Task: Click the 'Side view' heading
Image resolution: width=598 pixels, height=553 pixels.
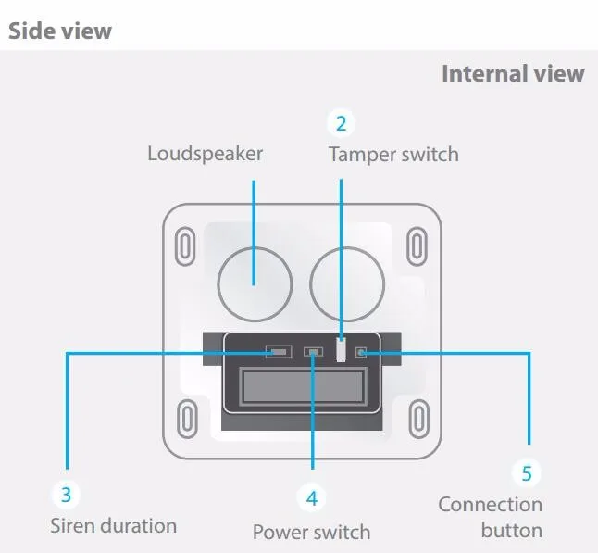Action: click(59, 31)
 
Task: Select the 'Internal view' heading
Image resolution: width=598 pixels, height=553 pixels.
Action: click(512, 73)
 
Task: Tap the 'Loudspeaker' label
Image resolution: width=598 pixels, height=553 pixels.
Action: click(205, 153)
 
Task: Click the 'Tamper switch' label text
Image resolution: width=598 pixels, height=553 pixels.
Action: click(392, 154)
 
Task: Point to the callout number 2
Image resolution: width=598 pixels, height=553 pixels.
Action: click(341, 122)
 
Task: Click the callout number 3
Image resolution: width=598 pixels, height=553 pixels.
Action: click(66, 494)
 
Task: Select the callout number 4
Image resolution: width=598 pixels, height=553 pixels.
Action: click(312, 497)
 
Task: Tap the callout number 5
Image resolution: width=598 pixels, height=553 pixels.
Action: click(527, 473)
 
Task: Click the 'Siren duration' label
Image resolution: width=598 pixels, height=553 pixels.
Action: click(113, 525)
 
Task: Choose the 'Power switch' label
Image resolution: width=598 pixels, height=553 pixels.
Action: click(311, 532)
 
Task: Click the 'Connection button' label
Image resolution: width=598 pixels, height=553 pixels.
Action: click(491, 517)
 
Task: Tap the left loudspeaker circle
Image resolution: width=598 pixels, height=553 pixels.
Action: click(255, 281)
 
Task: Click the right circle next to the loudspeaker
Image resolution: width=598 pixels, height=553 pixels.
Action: click(346, 281)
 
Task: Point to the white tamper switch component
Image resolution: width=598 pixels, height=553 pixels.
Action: click(342, 351)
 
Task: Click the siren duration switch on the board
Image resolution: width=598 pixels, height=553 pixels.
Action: click(278, 352)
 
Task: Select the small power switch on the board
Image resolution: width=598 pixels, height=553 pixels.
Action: click(313, 352)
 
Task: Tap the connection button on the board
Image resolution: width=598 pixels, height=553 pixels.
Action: click(362, 352)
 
